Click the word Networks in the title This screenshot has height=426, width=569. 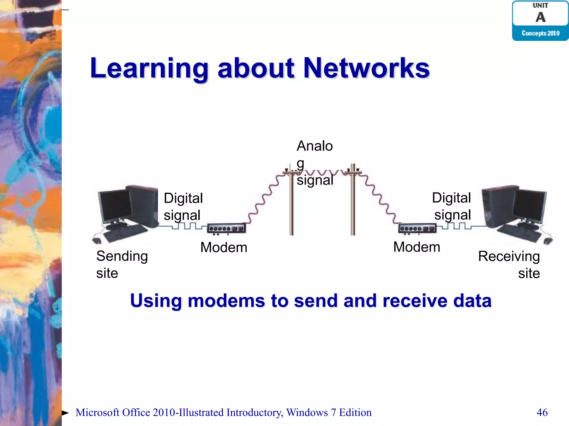pyautogui.click(x=366, y=68)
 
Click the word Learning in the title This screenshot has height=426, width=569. pyautogui.click(x=149, y=68)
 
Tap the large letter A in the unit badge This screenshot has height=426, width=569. pyautogui.click(x=540, y=17)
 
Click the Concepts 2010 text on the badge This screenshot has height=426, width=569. pyautogui.click(x=540, y=33)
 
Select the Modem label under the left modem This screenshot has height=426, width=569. pyautogui.click(x=224, y=247)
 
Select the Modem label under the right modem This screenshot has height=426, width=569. pyautogui.click(x=416, y=247)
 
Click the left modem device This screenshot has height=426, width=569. pyautogui.click(x=226, y=228)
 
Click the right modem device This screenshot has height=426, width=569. pyautogui.click(x=417, y=228)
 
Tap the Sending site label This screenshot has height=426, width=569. pyautogui.click(x=122, y=264)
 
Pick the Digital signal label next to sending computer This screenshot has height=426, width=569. pyautogui.click(x=183, y=206)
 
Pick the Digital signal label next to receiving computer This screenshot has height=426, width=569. pyautogui.click(x=452, y=206)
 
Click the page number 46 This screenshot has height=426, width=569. pyautogui.click(x=542, y=412)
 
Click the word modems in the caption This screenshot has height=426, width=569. pyautogui.click(x=226, y=301)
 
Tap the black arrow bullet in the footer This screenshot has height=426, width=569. pyautogui.click(x=65, y=413)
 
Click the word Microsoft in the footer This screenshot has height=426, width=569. pyautogui.click(x=97, y=412)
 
